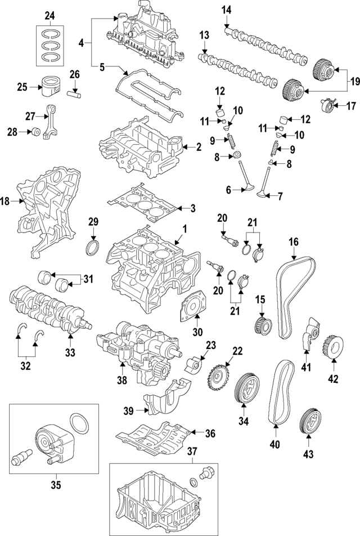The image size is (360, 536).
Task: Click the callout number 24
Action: pos(50,15)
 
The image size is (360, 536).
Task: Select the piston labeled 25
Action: pos(50,87)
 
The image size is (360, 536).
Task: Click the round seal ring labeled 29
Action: pos(92,248)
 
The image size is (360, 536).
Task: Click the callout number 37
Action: pos(192,450)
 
